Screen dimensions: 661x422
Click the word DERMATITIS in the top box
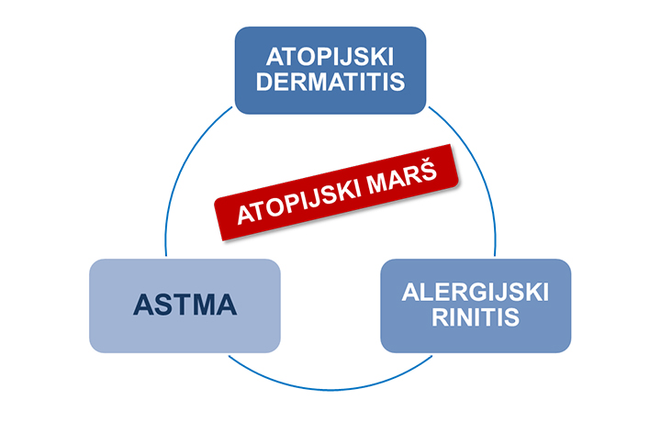coord(330,82)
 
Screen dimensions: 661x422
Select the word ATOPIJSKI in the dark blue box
coord(330,57)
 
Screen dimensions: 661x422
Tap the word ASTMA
coord(185,305)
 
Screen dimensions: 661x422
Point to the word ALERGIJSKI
coord(476,293)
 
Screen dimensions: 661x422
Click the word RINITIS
coord(476,317)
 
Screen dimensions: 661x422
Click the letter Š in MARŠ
coord(428,169)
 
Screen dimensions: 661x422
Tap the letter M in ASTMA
coord(203,305)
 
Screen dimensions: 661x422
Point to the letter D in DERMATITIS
coord(264,82)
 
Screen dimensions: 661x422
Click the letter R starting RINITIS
coord(441,317)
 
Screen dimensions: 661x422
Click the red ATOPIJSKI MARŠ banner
coord(336,193)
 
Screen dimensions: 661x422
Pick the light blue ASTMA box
coord(185,305)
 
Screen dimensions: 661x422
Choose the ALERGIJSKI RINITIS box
coord(476,305)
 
